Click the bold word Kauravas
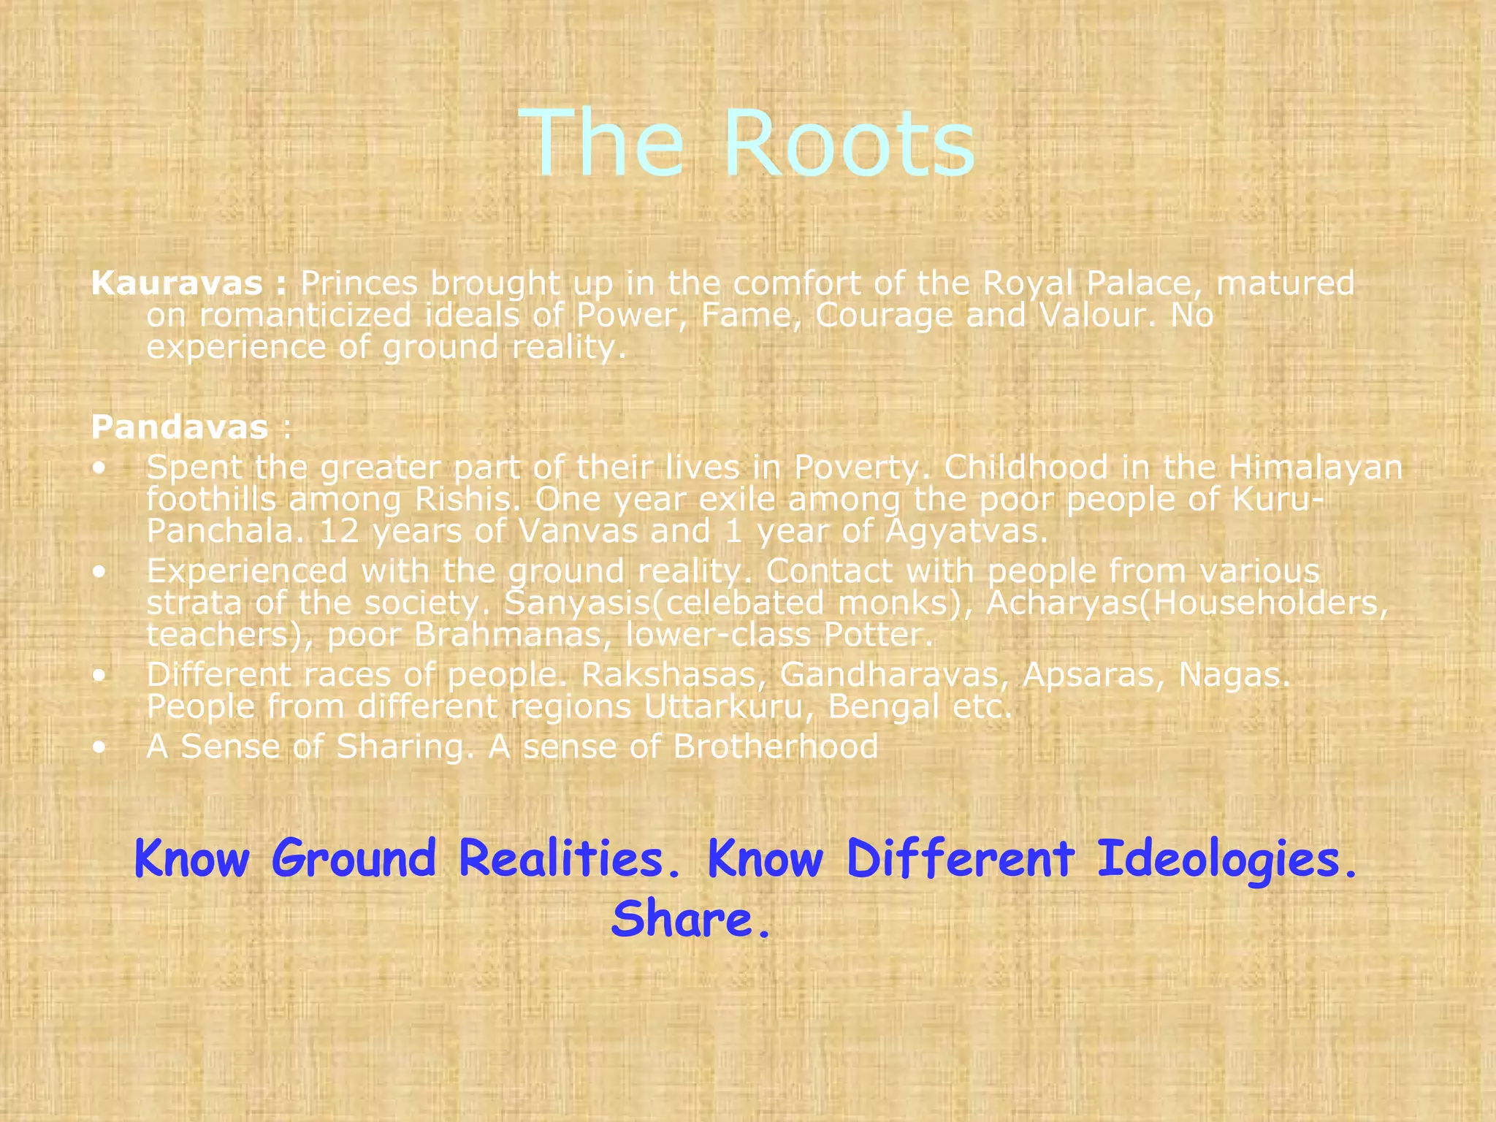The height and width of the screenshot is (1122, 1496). point(177,283)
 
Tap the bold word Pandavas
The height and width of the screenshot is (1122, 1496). point(180,427)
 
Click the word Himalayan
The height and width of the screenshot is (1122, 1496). point(1315,467)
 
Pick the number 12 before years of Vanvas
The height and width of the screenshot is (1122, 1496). point(340,531)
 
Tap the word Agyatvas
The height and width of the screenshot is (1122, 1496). point(966,532)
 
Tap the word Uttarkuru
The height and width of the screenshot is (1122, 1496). point(723,707)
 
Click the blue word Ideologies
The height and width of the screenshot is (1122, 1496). point(1226,858)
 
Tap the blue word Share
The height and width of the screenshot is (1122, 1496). point(690,919)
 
